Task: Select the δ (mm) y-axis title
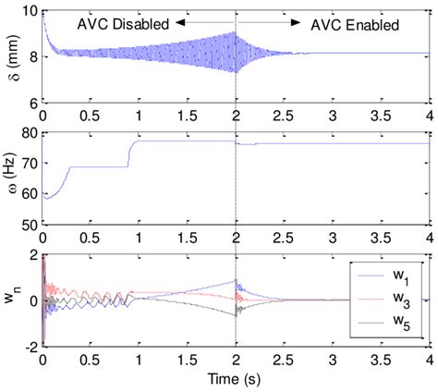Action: tap(10, 56)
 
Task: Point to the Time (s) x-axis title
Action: tap(236, 382)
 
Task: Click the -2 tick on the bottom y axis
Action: tap(32, 346)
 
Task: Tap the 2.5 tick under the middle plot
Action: tap(285, 237)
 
